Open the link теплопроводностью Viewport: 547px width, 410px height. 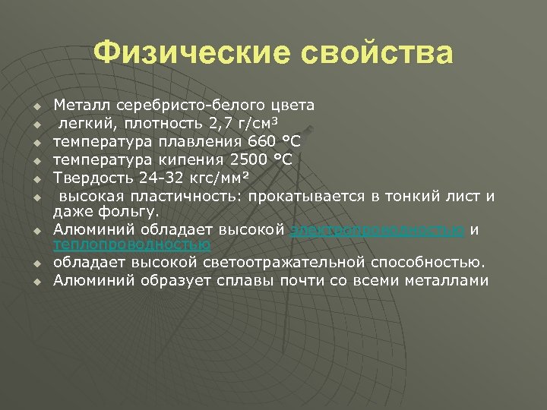coord(131,244)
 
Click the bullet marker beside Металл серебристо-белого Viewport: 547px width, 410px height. coord(36,104)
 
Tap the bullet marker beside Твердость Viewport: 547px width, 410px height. coord(36,178)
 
